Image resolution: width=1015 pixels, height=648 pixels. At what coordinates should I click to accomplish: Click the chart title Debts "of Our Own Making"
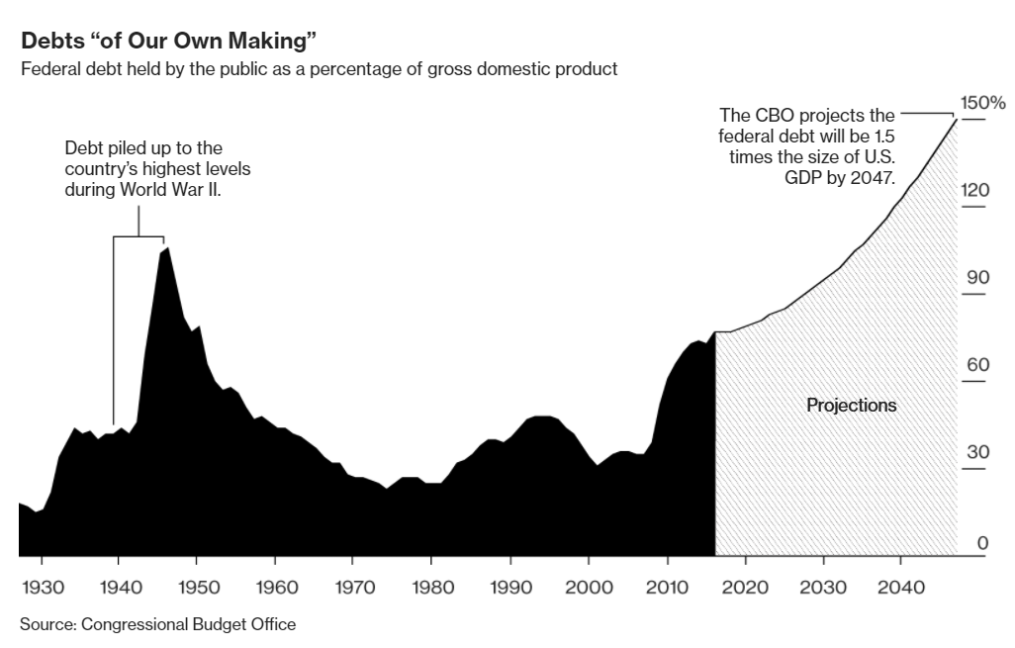point(168,43)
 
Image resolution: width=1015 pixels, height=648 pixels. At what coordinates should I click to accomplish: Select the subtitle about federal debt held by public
point(319,69)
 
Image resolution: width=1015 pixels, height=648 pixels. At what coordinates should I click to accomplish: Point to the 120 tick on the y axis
point(975,189)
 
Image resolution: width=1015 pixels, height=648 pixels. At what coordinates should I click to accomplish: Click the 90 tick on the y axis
point(977,277)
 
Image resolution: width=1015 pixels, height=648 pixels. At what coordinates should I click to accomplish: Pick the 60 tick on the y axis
point(977,365)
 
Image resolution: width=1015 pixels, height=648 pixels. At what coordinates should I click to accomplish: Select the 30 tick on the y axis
point(977,452)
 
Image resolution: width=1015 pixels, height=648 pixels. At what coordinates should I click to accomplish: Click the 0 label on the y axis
point(982,541)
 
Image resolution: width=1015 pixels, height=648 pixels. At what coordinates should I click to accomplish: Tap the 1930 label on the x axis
point(43,587)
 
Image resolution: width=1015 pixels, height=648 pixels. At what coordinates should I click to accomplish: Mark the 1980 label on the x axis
point(431,587)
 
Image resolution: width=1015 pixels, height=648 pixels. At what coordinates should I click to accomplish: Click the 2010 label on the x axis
point(667,587)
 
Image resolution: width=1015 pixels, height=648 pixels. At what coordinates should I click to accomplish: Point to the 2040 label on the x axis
point(900,587)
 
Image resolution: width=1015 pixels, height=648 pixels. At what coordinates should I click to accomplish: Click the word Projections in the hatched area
point(852,405)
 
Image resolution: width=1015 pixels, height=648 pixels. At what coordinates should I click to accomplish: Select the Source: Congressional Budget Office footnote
point(157,624)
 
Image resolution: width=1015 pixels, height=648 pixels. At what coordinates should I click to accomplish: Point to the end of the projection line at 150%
point(957,119)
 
